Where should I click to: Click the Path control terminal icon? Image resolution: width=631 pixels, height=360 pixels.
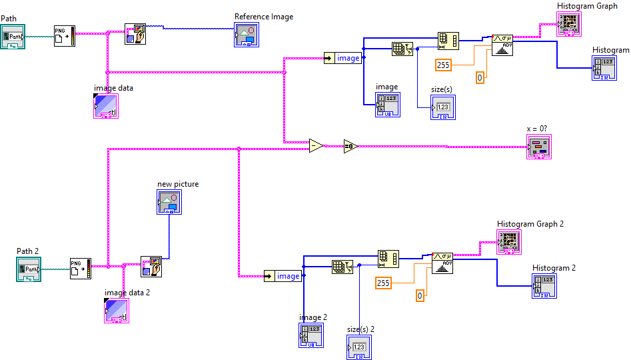[x=13, y=37]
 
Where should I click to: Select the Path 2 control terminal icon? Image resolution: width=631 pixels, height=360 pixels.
[x=29, y=269]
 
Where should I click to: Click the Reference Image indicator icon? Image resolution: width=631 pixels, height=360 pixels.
[x=245, y=35]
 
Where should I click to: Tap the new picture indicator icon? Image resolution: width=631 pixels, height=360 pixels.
[x=169, y=201]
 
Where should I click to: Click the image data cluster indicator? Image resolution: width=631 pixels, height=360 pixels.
[x=106, y=105]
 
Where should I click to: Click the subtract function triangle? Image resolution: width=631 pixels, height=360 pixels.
[x=316, y=145]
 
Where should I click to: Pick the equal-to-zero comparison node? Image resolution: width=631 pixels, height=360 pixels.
[x=350, y=146]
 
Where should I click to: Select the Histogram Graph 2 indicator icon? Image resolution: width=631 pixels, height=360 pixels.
[x=510, y=241]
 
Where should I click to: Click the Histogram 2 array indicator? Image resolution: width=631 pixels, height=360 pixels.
[x=544, y=285]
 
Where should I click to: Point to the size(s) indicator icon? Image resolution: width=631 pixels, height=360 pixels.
[x=443, y=107]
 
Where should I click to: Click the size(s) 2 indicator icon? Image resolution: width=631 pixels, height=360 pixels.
[x=358, y=347]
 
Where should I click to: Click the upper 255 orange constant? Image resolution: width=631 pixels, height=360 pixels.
[x=444, y=65]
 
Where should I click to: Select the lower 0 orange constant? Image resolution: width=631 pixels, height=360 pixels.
[x=420, y=295]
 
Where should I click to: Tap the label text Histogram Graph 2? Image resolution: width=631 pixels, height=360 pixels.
[x=530, y=224]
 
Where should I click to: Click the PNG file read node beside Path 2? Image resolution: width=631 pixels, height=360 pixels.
[x=80, y=268]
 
